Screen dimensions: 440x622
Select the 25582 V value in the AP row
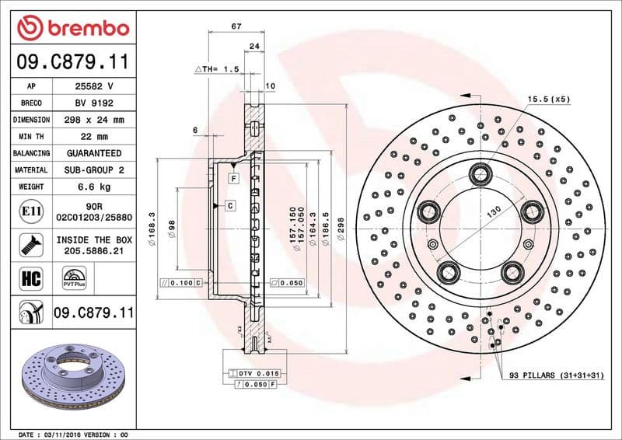tap(94, 86)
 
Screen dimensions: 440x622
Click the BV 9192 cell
tap(94, 103)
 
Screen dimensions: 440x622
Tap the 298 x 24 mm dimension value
tap(94, 120)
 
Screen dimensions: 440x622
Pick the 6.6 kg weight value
tap(94, 187)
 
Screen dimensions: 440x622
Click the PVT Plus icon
tap(74, 277)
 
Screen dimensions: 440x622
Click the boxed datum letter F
tap(232, 179)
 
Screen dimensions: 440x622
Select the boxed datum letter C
tap(231, 205)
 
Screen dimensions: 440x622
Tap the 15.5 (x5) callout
tap(549, 99)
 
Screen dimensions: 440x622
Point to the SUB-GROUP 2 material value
tap(94, 169)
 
